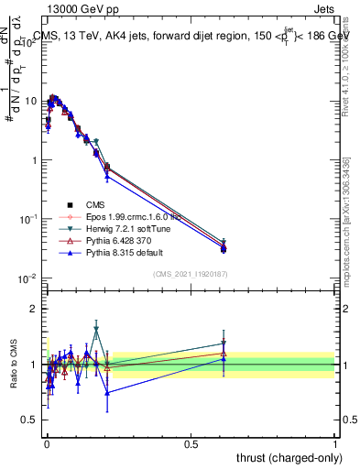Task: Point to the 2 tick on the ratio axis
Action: tap(34, 310)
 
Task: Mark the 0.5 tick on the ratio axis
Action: tap(30, 421)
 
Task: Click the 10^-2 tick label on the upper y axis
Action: tap(27, 278)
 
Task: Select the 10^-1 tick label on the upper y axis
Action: tap(27, 219)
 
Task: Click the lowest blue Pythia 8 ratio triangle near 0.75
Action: tap(107, 392)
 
